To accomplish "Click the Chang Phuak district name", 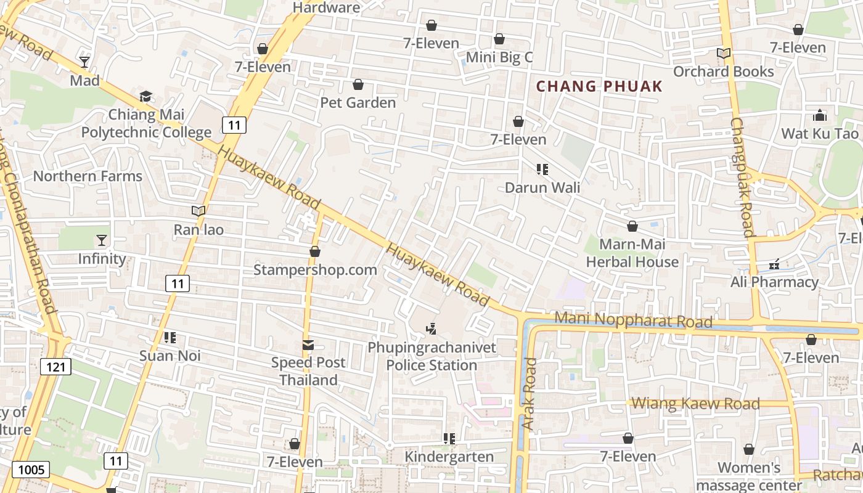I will pyautogui.click(x=599, y=86).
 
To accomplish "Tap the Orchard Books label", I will pyautogui.click(x=723, y=71).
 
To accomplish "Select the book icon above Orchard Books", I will pyautogui.click(x=723, y=54).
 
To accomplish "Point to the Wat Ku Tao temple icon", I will pyautogui.click(x=819, y=115).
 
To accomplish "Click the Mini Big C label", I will pyautogui.click(x=499, y=57).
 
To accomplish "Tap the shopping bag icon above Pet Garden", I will pyautogui.click(x=358, y=84).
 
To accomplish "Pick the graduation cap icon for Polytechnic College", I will pyautogui.click(x=145, y=97).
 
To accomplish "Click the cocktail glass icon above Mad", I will pyautogui.click(x=84, y=62).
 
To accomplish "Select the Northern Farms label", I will pyautogui.click(x=88, y=176).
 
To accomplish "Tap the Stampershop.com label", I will pyautogui.click(x=315, y=270).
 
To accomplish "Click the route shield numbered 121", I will pyautogui.click(x=56, y=367).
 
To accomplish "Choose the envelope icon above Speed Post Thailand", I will pyautogui.click(x=308, y=345).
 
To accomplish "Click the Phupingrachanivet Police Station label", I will pyautogui.click(x=431, y=356).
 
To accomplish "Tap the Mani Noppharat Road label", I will pyautogui.click(x=633, y=320).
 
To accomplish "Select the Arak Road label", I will pyautogui.click(x=529, y=394).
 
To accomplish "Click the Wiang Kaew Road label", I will pyautogui.click(x=696, y=404).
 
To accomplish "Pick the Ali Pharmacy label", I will pyautogui.click(x=774, y=282).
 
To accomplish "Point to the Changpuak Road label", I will pyautogui.click(x=742, y=177).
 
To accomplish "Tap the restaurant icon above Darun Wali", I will pyautogui.click(x=542, y=169).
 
